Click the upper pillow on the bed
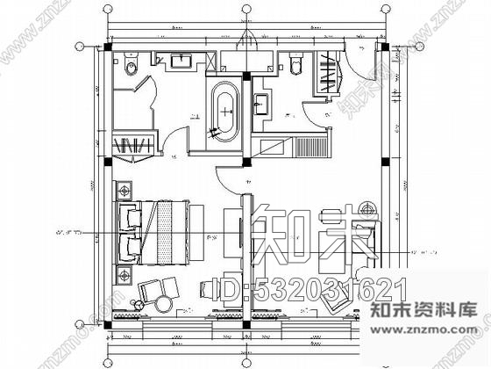click(x=133, y=216)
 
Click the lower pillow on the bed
click(x=133, y=247)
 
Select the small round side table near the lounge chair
click(x=135, y=305)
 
